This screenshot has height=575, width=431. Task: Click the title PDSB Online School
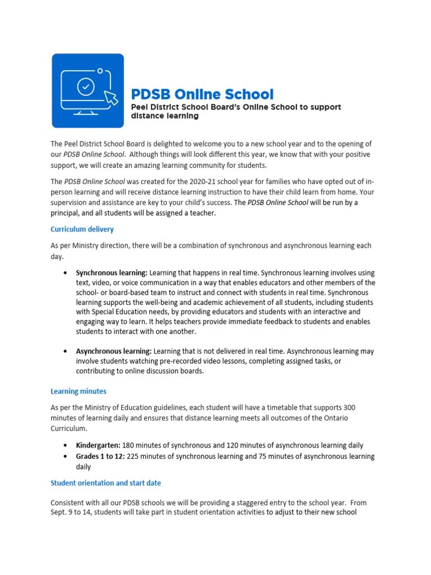point(202,94)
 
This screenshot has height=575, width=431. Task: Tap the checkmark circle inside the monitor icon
point(85,86)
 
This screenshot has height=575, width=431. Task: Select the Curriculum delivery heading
point(82,229)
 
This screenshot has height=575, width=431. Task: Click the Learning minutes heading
point(78,391)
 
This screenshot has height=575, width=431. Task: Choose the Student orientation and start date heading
point(106,483)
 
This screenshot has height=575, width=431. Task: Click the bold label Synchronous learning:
point(112,272)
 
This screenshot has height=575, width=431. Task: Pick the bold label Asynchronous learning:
point(114,351)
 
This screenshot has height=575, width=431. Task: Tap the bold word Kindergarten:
point(99,445)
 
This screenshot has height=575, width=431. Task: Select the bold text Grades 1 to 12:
point(100,456)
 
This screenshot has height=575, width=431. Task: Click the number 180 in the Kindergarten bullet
point(131,445)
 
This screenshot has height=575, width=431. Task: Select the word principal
point(68,213)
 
